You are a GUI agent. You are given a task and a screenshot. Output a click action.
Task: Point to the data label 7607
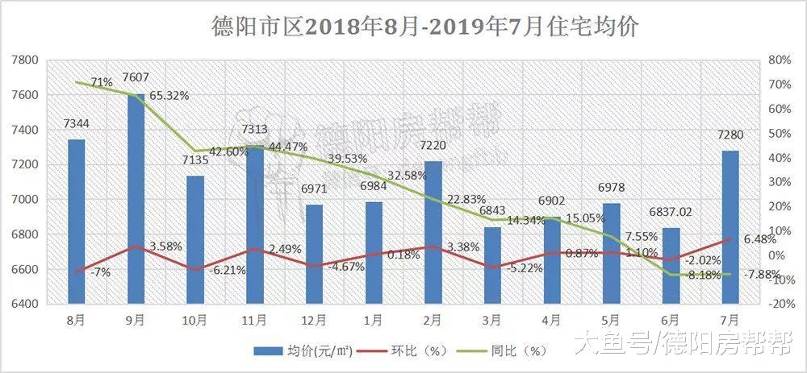[136, 78]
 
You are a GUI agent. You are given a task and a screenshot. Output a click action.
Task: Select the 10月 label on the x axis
[195, 320]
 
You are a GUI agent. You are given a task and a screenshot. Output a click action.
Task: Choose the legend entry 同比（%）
[505, 350]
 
